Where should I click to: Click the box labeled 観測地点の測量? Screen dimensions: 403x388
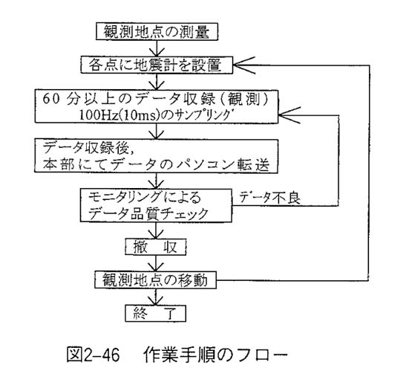coord(157,31)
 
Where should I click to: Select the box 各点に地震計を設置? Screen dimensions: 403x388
coord(157,65)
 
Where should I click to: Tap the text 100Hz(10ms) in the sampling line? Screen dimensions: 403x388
coord(118,115)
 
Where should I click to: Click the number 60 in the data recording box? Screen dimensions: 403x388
coord(51,99)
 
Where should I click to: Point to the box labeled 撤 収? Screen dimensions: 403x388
coord(156,247)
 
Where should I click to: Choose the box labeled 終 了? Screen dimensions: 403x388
coord(156,313)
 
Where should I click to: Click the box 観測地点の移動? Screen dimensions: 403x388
coord(156,279)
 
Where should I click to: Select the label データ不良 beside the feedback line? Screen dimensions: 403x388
coord(270,198)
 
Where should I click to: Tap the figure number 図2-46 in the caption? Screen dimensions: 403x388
coord(93,355)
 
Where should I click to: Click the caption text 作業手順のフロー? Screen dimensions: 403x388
coord(215,355)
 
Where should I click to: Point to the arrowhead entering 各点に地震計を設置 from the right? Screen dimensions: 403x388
coord(244,65)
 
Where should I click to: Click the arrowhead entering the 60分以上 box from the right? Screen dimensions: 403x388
coord(289,115)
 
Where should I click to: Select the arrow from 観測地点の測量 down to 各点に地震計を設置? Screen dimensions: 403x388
coord(157,48)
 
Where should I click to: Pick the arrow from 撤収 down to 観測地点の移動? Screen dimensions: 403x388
coord(156,263)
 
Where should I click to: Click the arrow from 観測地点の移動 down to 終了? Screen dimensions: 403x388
coord(156,297)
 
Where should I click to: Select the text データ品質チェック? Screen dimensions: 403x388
coord(148,214)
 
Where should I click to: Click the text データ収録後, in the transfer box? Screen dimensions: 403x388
coord(88,148)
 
